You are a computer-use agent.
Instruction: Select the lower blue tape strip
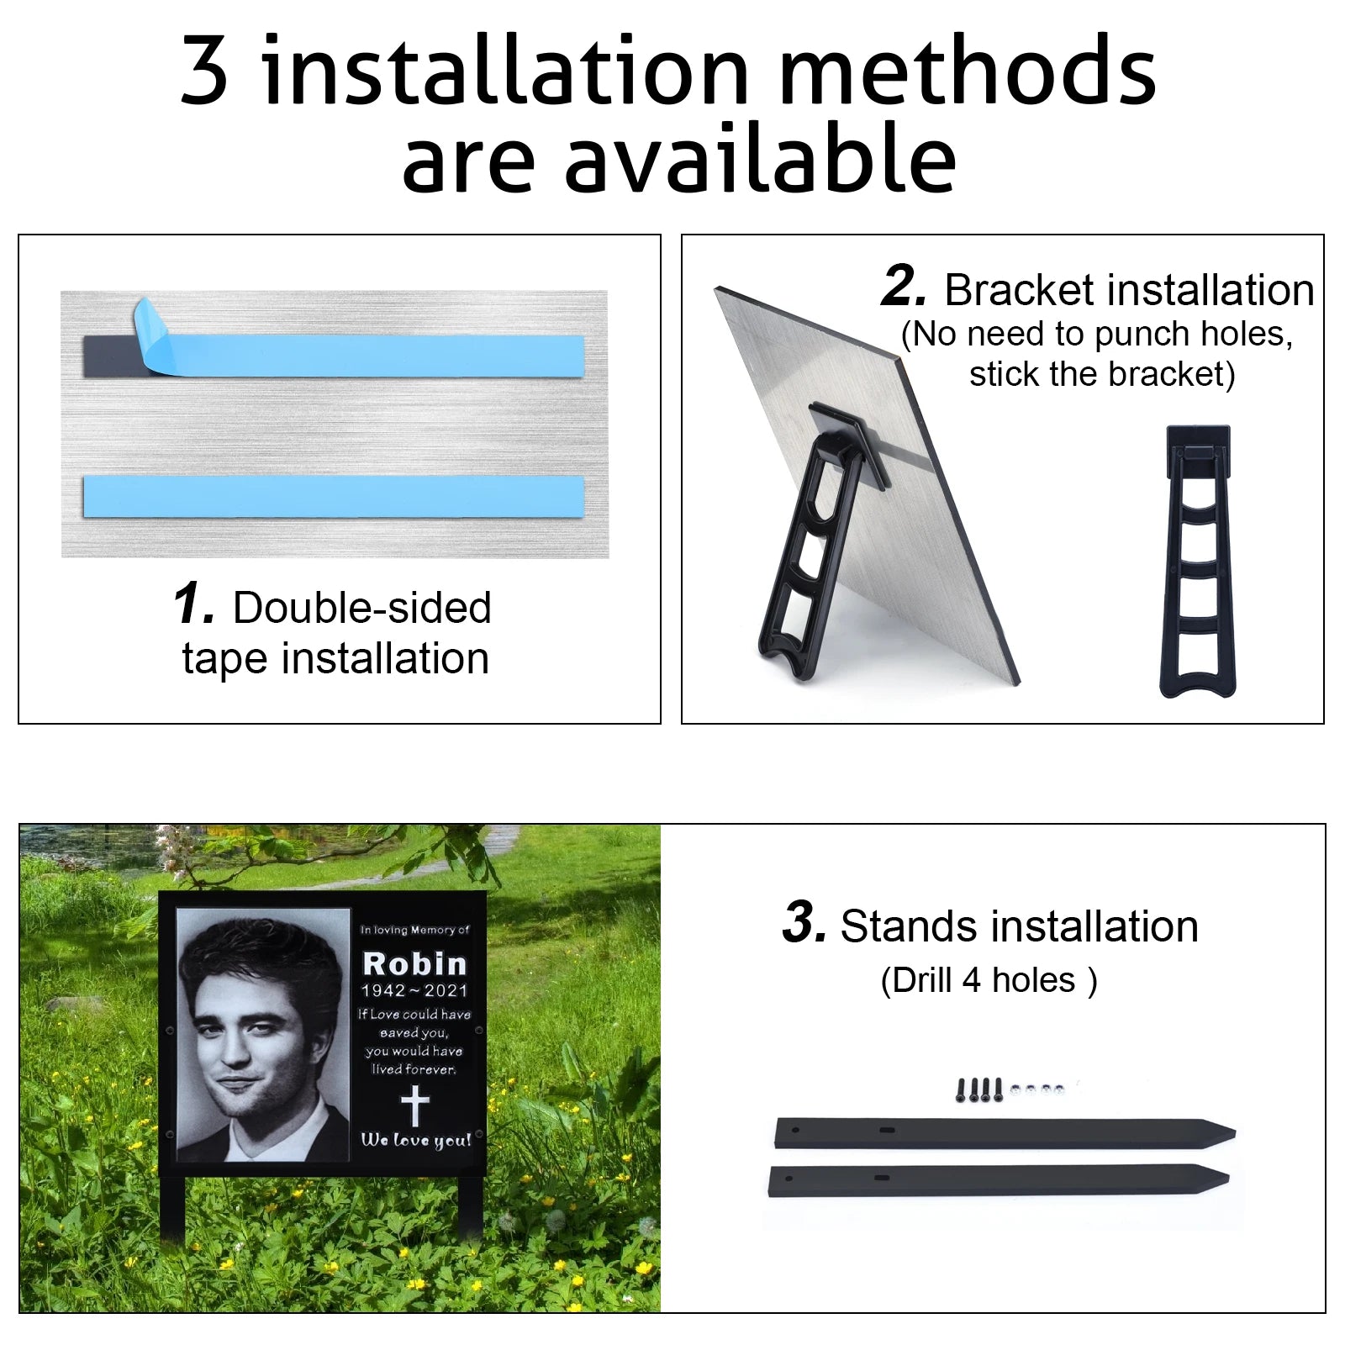[333, 496]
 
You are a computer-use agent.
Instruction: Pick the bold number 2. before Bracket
[905, 286]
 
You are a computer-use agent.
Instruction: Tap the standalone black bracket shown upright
[1198, 561]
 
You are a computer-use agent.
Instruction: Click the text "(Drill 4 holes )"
[989, 980]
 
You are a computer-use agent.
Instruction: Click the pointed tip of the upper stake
[1234, 1131]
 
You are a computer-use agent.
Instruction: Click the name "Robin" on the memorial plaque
[414, 963]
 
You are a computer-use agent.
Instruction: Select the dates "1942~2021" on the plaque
[414, 991]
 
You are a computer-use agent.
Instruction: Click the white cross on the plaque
[414, 1105]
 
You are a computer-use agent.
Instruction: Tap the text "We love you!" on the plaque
[416, 1140]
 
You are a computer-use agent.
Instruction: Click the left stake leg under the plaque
[171, 1210]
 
